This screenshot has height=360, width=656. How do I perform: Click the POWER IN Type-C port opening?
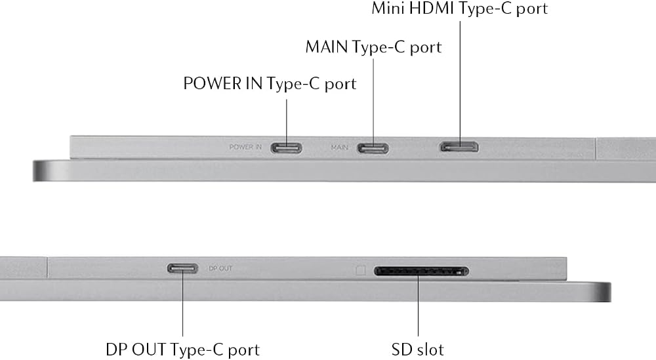286,148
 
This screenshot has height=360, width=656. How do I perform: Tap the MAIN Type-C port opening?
373,148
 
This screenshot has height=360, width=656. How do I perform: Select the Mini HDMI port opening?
459,147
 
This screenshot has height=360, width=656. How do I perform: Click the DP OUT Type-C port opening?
182,268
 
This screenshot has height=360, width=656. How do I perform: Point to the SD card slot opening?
421,271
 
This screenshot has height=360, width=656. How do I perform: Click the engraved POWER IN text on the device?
245,147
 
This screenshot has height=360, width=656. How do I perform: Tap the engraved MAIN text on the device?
339,148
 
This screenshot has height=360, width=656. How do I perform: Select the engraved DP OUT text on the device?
220,268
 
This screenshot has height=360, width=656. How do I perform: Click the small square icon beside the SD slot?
360,271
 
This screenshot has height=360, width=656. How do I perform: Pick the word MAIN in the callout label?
326,47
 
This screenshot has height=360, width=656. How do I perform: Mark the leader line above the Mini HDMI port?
461,84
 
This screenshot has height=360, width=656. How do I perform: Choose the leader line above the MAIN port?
373,103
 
